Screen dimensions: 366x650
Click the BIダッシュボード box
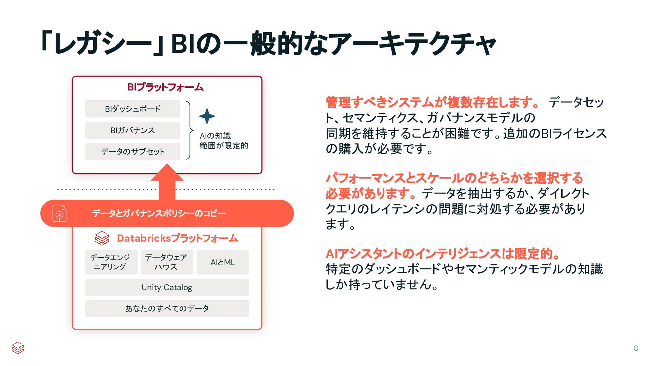click(x=133, y=109)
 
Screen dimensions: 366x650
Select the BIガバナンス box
click(x=133, y=130)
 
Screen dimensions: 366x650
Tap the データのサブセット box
click(x=133, y=151)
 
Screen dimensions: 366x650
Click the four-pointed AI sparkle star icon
click(x=207, y=116)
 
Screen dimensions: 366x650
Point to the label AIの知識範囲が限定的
click(x=224, y=141)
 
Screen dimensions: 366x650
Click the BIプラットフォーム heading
click(x=165, y=87)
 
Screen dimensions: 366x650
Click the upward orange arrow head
click(x=167, y=173)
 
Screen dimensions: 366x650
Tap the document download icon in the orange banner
click(x=59, y=213)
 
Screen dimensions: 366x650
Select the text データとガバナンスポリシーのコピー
click(x=159, y=213)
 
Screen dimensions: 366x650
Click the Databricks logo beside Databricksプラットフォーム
click(x=102, y=238)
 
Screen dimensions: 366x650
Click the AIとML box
click(x=222, y=262)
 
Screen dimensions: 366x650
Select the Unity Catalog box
click(x=167, y=287)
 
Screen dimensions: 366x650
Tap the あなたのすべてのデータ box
click(x=167, y=308)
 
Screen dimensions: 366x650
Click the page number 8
click(x=636, y=348)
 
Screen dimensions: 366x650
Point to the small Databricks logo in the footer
click(x=18, y=348)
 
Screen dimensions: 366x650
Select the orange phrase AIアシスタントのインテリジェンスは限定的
click(x=442, y=253)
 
